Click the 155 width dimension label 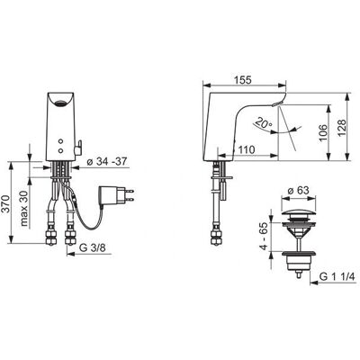coord(243,80)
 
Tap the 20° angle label coord(264,123)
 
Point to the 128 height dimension coord(342,128)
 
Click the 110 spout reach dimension coord(247,149)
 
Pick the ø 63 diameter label coord(298,191)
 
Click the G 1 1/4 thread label coord(337,276)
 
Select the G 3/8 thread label coord(93,247)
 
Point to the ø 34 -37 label coord(107,161)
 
